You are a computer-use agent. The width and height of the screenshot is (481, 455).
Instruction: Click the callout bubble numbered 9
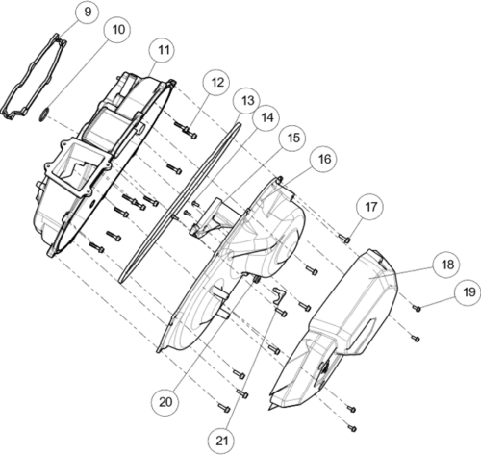coord(88,12)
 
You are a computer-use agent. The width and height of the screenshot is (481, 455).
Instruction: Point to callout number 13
coord(247,101)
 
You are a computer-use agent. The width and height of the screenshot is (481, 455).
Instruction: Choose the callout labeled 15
coord(293,138)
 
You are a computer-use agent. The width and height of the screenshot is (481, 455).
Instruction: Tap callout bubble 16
coord(324,159)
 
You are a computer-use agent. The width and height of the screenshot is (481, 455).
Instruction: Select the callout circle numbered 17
coord(370,207)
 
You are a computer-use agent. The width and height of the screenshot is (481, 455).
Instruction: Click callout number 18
coord(447,265)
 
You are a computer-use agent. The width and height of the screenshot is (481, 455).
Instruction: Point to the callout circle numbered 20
coord(165,402)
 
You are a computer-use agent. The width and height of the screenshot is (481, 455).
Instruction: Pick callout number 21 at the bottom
coord(222,442)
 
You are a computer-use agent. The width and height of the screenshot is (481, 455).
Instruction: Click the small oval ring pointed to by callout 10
coord(44,114)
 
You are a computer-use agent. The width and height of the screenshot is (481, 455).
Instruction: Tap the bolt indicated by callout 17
coord(344,239)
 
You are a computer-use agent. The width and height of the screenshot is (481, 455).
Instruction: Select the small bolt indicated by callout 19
coord(417,308)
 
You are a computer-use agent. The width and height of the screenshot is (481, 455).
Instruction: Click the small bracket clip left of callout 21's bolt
coord(278,294)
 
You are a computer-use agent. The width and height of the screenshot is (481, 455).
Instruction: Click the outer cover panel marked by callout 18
coord(337,330)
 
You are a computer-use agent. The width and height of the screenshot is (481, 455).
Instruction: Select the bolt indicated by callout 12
coord(186,131)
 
